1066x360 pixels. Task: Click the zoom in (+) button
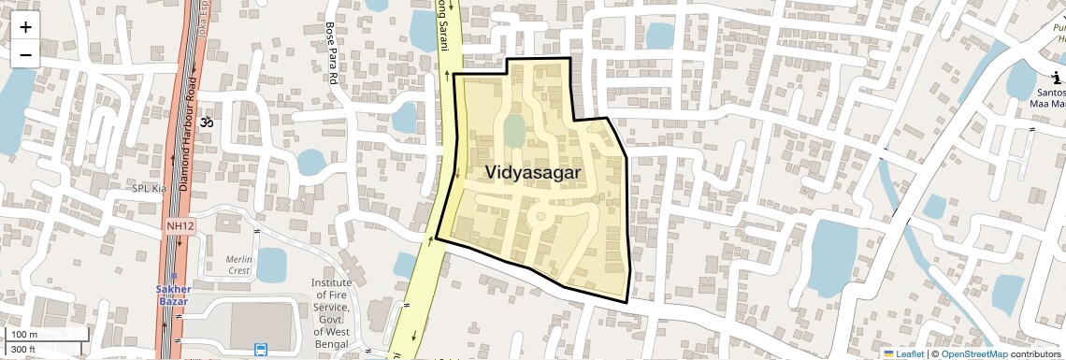pyautogui.click(x=25, y=26)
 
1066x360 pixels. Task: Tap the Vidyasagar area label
pyautogui.click(x=533, y=173)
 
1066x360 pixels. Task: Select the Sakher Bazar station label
pyautogui.click(x=172, y=295)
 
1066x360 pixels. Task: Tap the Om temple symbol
pyautogui.click(x=208, y=122)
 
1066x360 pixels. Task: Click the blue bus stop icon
pyautogui.click(x=259, y=350)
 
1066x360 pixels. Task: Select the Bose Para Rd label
pyautogui.click(x=329, y=55)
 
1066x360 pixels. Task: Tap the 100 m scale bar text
pyautogui.click(x=24, y=334)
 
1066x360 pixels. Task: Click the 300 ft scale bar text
pyautogui.click(x=23, y=350)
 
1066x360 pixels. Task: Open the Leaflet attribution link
pyautogui.click(x=903, y=353)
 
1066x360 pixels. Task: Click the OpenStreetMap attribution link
pyautogui.click(x=973, y=353)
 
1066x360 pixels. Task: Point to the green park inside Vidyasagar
pyautogui.click(x=513, y=130)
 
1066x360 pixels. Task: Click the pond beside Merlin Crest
pyautogui.click(x=271, y=265)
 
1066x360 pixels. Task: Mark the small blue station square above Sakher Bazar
pyautogui.click(x=173, y=278)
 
